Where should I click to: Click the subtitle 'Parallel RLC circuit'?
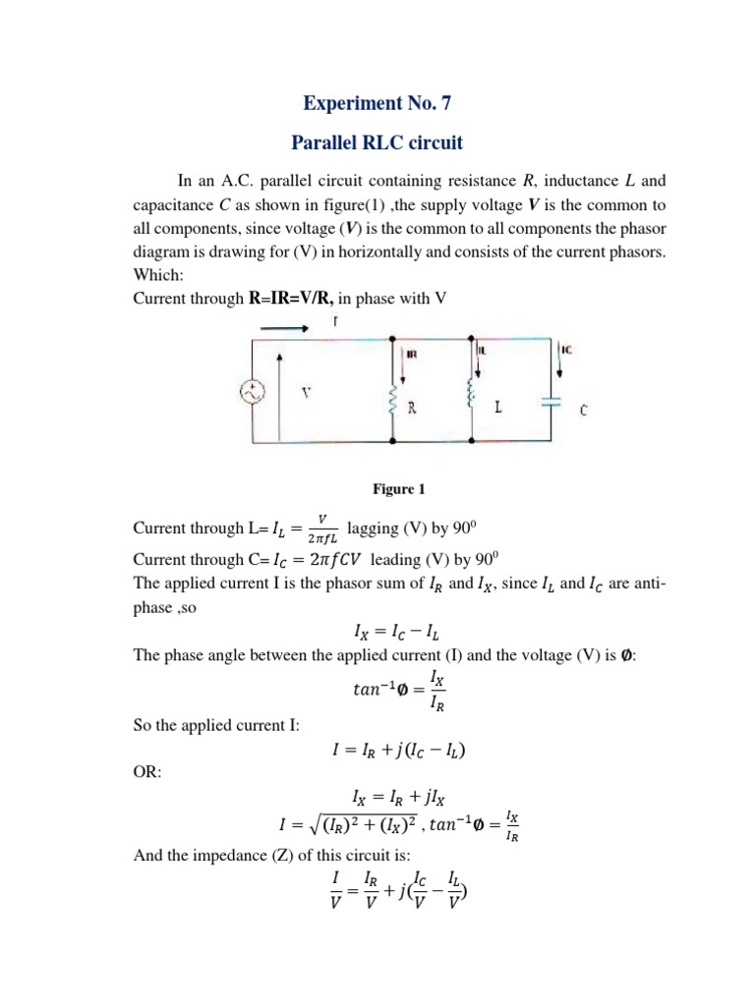(377, 143)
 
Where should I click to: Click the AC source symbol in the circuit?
(252, 393)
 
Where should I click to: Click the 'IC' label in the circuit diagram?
(567, 348)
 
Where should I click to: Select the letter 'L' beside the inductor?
(499, 406)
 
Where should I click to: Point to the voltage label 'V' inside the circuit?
(306, 392)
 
